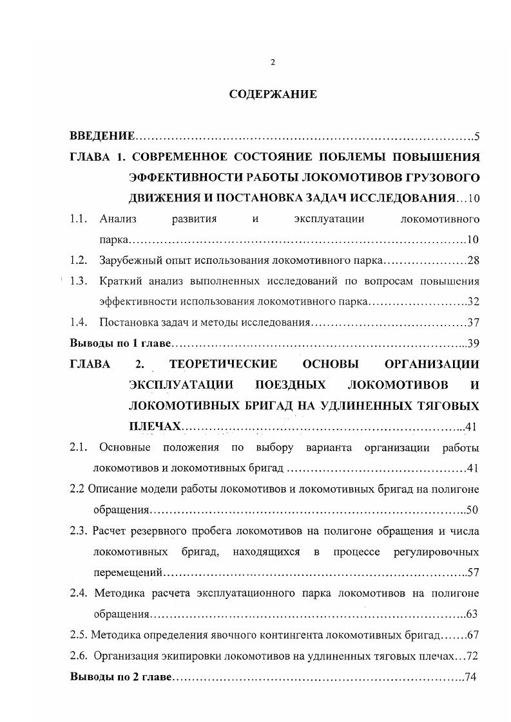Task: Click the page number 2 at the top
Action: tap(273, 62)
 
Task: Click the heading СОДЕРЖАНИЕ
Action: tap(273, 94)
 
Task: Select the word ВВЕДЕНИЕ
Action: tap(102, 136)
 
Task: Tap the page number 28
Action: tap(473, 261)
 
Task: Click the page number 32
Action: tap(473, 302)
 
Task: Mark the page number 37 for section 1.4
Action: tap(473, 322)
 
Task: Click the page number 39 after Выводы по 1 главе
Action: tap(473, 343)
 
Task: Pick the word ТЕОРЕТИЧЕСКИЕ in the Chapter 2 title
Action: tap(223, 364)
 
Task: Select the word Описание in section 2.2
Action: tap(108, 488)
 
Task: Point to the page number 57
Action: tap(473, 572)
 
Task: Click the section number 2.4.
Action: tap(79, 593)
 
